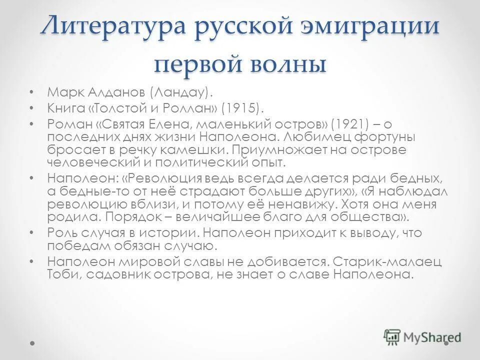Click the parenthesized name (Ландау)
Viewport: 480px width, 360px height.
tap(178, 92)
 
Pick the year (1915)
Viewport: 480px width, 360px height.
tap(241, 107)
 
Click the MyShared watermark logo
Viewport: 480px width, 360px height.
tap(422, 336)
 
